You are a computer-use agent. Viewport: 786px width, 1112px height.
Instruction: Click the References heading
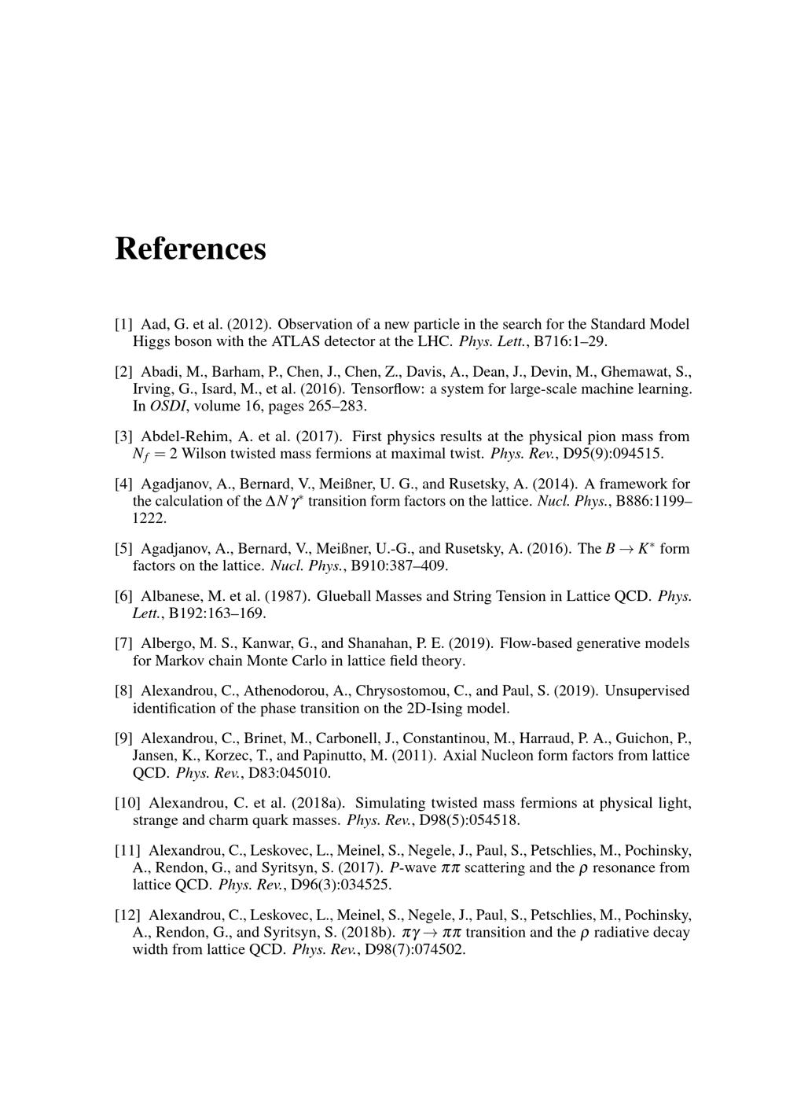click(x=190, y=249)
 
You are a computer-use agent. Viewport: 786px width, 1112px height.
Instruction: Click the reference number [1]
click(x=123, y=324)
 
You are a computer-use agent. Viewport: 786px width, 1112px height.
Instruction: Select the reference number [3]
click(x=123, y=436)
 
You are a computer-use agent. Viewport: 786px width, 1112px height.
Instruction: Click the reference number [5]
click(x=123, y=548)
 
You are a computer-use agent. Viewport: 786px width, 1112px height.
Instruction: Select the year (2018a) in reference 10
click(x=320, y=803)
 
